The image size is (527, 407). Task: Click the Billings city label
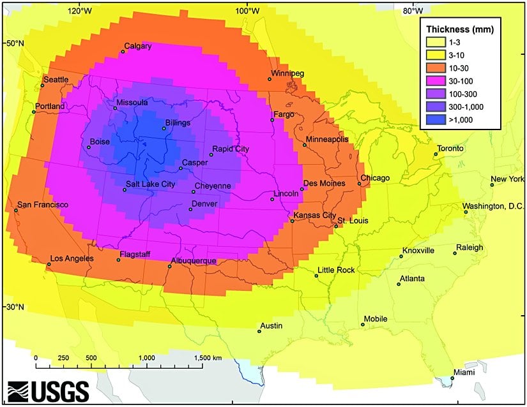click(177, 122)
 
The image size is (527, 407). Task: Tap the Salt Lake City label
click(150, 184)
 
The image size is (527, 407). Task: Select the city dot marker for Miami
click(452, 378)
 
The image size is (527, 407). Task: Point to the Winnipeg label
click(287, 73)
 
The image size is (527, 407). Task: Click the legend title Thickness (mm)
click(460, 29)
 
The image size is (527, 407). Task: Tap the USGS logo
click(48, 389)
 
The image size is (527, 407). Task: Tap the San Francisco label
click(42, 205)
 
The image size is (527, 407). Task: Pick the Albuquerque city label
click(194, 261)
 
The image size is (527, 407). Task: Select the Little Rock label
click(336, 270)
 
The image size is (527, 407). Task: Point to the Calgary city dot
click(123, 52)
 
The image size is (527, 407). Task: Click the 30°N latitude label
click(15, 307)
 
